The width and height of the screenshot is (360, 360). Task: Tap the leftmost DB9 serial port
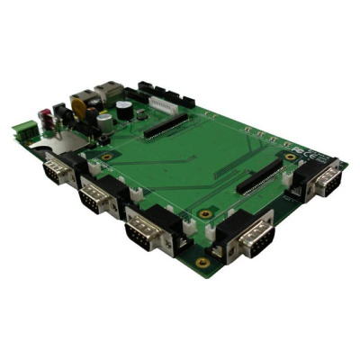click(x=59, y=170)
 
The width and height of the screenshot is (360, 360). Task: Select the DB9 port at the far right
click(x=321, y=180)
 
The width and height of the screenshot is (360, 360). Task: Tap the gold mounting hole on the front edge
click(x=202, y=262)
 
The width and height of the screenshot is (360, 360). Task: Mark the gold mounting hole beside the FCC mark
click(x=290, y=155)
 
